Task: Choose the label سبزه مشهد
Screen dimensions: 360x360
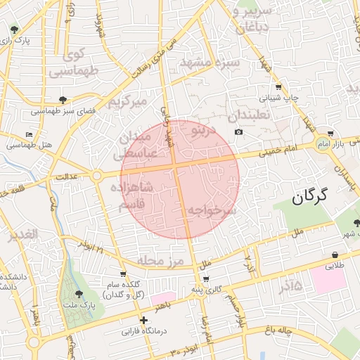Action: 210,63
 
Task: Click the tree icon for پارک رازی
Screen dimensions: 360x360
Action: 15,30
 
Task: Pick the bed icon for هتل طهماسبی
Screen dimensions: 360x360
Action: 29,134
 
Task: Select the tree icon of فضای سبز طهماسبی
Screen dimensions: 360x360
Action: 63,101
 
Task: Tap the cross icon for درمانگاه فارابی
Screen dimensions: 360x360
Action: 143,320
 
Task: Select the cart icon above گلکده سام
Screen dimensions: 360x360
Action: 124,274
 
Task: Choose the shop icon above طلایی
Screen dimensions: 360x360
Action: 334,255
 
